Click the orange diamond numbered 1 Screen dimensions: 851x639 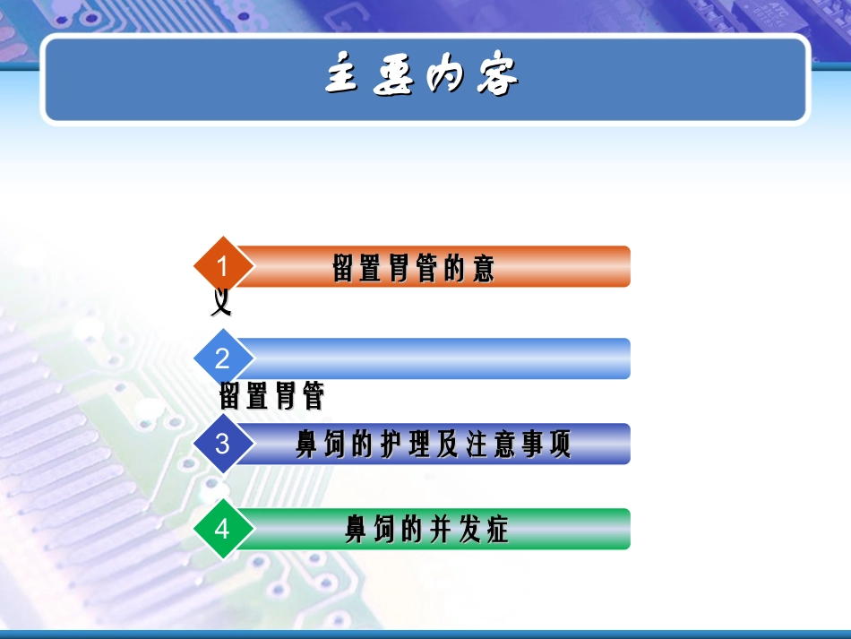tap(222, 266)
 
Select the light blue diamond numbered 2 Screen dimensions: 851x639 tap(222, 358)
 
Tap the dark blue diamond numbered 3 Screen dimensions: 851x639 tap(222, 444)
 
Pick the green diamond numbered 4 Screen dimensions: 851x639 tap(222, 529)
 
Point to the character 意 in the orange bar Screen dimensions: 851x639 tap(485, 268)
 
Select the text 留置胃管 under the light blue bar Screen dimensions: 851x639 tap(271, 395)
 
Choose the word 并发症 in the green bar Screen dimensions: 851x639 tap(471, 530)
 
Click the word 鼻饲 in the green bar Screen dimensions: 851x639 tap(370, 530)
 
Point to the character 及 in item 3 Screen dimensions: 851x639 tap(449, 445)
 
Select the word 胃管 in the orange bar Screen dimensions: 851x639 tap(415, 268)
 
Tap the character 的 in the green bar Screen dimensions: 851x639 tap(412, 530)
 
